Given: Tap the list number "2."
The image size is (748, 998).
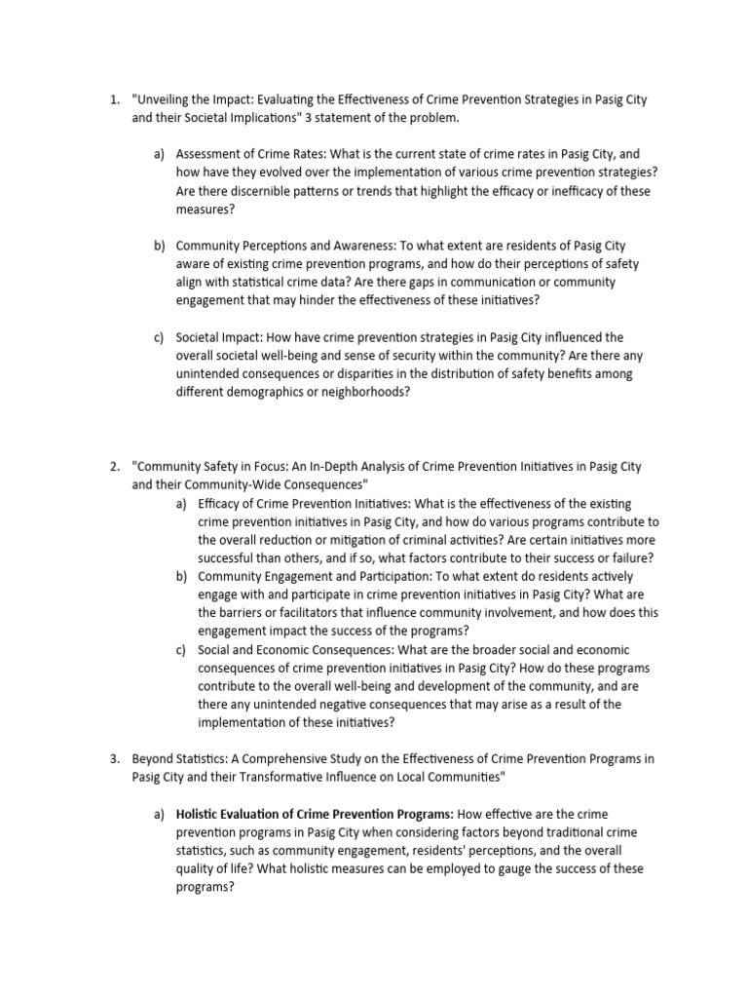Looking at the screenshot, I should (x=114, y=467).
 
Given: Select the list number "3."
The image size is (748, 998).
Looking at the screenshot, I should (x=114, y=759).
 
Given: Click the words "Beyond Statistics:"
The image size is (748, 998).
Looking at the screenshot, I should (x=175, y=759).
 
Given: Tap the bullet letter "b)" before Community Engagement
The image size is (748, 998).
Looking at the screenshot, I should (x=181, y=577).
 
